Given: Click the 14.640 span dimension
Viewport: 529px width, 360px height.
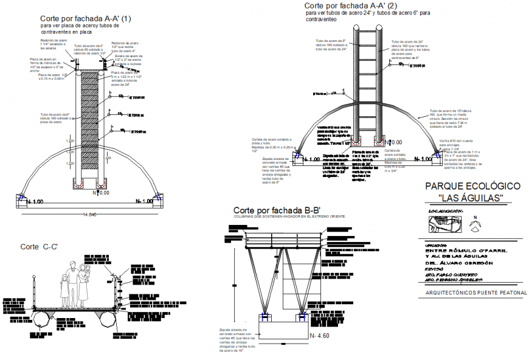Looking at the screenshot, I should pyautogui.click(x=91, y=214).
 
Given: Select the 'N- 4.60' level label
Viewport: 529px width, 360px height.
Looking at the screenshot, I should pyautogui.click(x=320, y=334).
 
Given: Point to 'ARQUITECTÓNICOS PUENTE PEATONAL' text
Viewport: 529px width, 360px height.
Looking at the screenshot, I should pyautogui.click(x=469, y=292).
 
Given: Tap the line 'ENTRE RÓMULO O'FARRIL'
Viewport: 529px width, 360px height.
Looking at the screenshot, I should pyautogui.click(x=466, y=250).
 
